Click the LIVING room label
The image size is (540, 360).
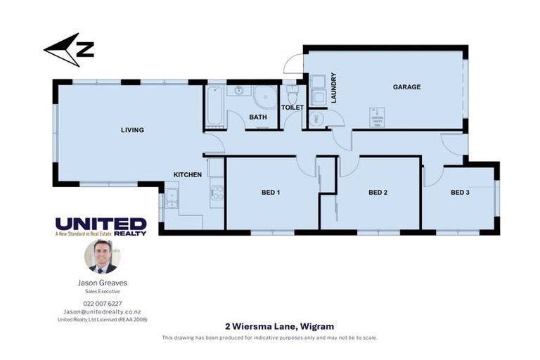(132, 130)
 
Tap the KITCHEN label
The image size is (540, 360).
(188, 174)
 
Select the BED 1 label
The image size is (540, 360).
(271, 192)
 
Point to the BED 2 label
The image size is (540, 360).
(378, 192)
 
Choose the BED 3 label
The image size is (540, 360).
(460, 192)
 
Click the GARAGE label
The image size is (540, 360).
(406, 87)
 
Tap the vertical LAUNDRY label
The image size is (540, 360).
(334, 88)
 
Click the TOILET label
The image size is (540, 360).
(292, 108)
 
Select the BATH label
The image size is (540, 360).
(257, 117)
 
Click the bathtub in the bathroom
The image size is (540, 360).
(214, 105)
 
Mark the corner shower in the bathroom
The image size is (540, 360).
(266, 97)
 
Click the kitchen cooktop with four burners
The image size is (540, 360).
(217, 192)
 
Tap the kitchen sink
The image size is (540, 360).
(171, 200)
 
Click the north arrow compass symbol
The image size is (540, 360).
(69, 50)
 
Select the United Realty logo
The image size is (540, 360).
(101, 226)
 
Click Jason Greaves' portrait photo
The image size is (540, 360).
(102, 257)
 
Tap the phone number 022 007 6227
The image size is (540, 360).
(102, 303)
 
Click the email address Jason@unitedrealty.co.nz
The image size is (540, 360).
(102, 311)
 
